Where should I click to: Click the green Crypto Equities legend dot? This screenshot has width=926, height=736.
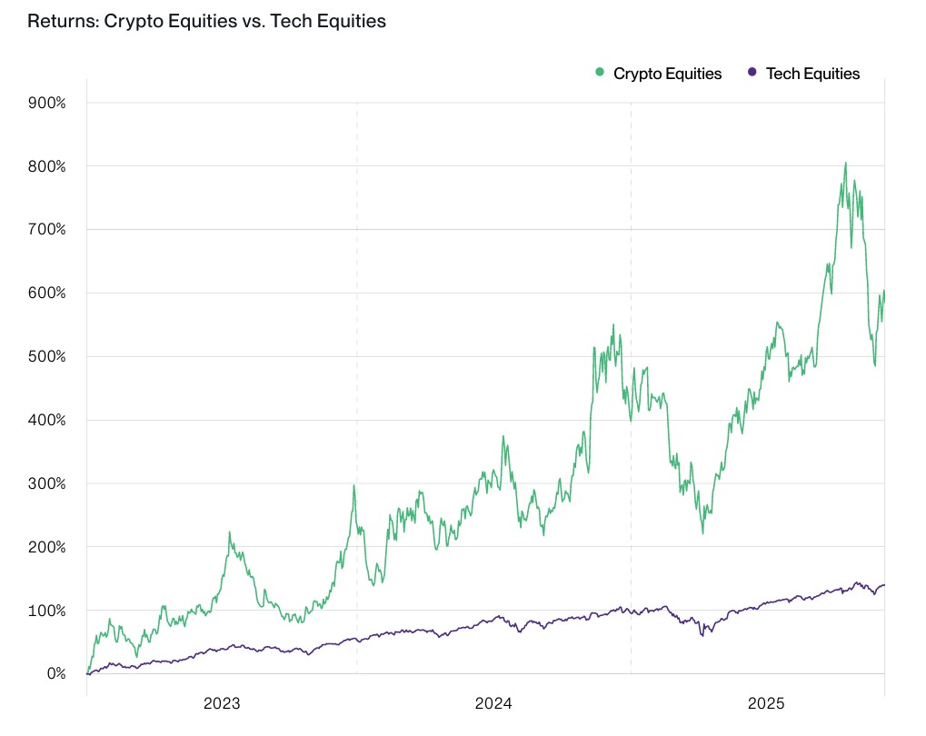tap(600, 73)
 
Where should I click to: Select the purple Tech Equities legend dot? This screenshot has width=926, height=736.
tap(752, 73)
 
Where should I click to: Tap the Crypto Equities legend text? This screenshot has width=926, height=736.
tap(667, 74)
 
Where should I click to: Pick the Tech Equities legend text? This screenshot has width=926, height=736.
tap(812, 74)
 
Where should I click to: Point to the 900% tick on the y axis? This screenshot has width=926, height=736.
tap(47, 103)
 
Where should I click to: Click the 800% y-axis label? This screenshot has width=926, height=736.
tap(47, 166)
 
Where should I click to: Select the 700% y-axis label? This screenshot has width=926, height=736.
tap(47, 229)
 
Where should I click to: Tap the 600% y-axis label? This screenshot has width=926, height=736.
tap(47, 293)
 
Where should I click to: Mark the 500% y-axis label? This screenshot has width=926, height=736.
tap(47, 356)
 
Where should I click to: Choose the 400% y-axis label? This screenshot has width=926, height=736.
tap(47, 420)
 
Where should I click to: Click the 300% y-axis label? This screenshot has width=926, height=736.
tap(47, 483)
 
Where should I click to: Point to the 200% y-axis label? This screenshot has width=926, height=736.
tap(47, 547)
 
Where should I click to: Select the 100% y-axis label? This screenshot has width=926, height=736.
tap(47, 610)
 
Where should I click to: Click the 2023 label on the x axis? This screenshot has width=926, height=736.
tap(222, 703)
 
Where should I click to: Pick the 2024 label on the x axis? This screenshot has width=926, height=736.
tap(493, 703)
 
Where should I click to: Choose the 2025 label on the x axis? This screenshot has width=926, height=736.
tap(766, 703)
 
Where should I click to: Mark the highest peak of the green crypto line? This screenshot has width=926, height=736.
tap(845, 164)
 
